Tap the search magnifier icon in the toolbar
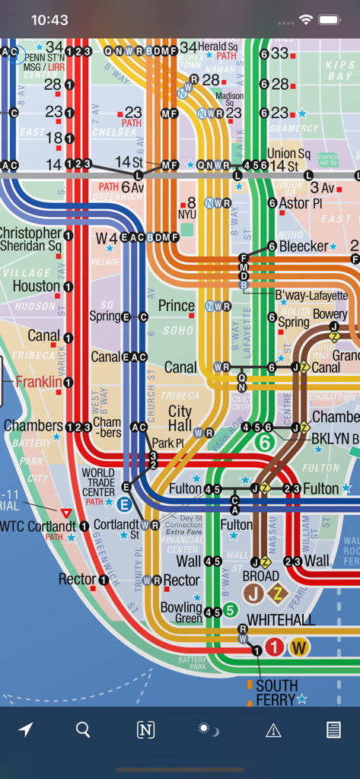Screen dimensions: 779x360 pyautogui.click(x=83, y=730)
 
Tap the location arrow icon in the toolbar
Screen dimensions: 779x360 pyautogui.click(x=26, y=730)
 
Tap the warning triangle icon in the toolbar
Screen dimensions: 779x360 pyautogui.click(x=273, y=730)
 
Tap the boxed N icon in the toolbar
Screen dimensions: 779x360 pyautogui.click(x=145, y=730)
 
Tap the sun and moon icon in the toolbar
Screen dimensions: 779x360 pyautogui.click(x=208, y=730)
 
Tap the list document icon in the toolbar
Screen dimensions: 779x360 pyautogui.click(x=333, y=730)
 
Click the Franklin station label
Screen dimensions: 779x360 pyautogui.click(x=38, y=382)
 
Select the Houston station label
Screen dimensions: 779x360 pyautogui.click(x=36, y=287)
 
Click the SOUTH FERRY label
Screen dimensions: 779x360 pyautogui.click(x=276, y=692)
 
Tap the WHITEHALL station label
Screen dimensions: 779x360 pyautogui.click(x=281, y=621)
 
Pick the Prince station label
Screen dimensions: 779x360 pyautogui.click(x=177, y=306)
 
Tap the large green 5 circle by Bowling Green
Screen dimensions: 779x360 pyautogui.click(x=230, y=609)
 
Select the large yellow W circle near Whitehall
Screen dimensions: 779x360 pyautogui.click(x=299, y=647)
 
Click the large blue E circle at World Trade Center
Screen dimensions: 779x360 pyautogui.click(x=124, y=503)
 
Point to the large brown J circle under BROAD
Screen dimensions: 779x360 pyautogui.click(x=253, y=593)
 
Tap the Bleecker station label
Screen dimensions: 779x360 pyautogui.click(x=304, y=246)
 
